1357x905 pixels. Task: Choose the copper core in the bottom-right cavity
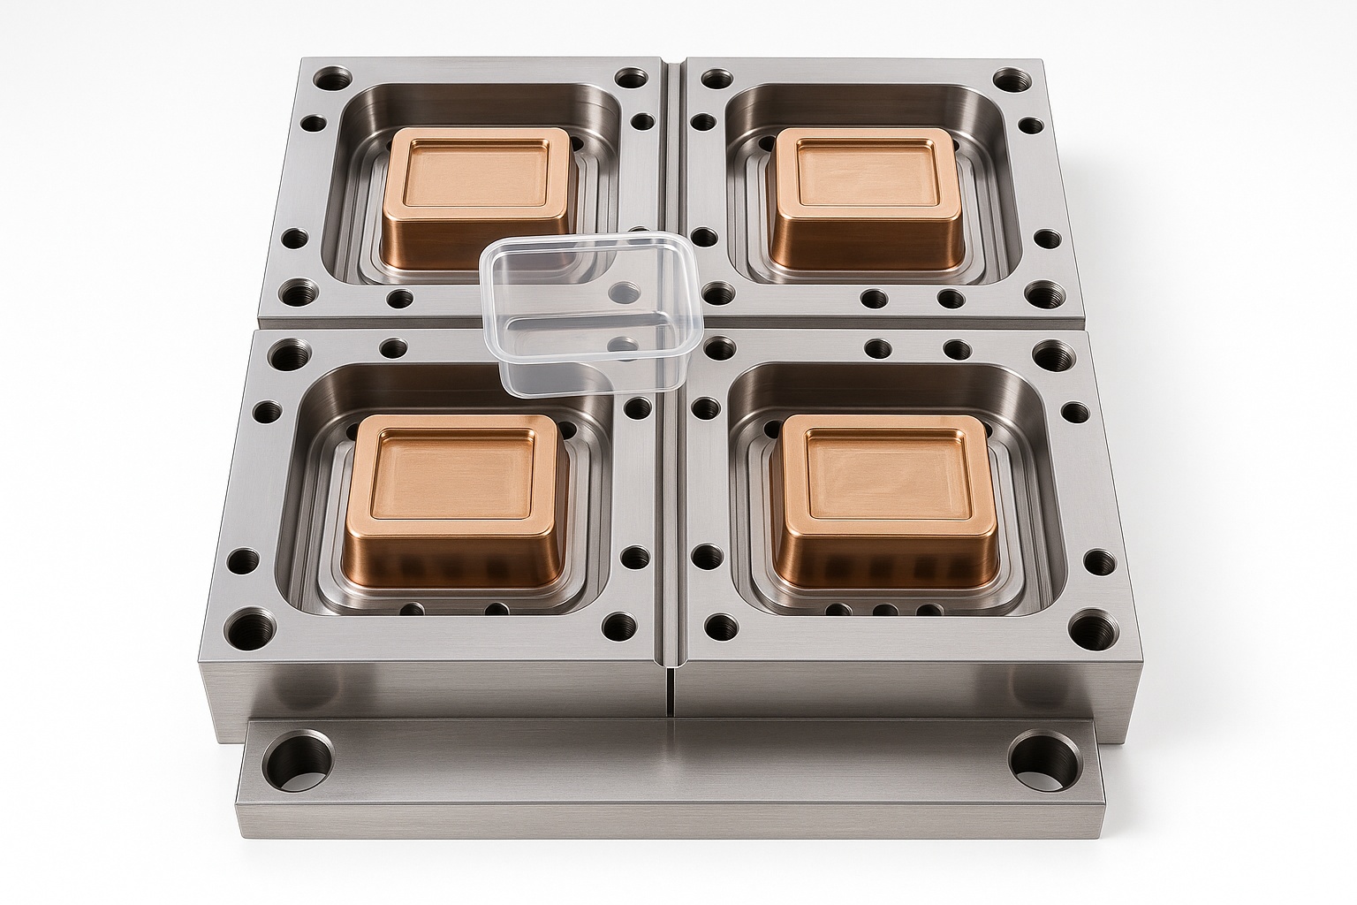coord(883,499)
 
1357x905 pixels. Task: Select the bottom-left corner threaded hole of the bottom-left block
coord(243,632)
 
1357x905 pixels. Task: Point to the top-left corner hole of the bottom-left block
coord(289,358)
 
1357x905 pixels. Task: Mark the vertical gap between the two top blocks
coord(674,177)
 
